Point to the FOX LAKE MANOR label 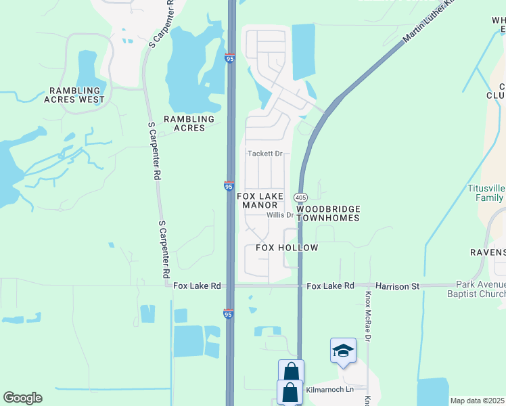[x=260, y=200]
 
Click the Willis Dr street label [x=279, y=215]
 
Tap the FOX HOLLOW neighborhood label [x=287, y=248]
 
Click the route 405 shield [x=300, y=196]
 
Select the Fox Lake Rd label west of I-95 [x=197, y=286]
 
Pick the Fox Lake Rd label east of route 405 [x=330, y=286]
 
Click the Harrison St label [x=398, y=286]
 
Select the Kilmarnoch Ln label [x=330, y=390]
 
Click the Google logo [x=22, y=398]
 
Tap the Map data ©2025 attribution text [x=476, y=401]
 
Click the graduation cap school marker [x=343, y=351]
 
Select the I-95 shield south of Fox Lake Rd [x=229, y=314]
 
